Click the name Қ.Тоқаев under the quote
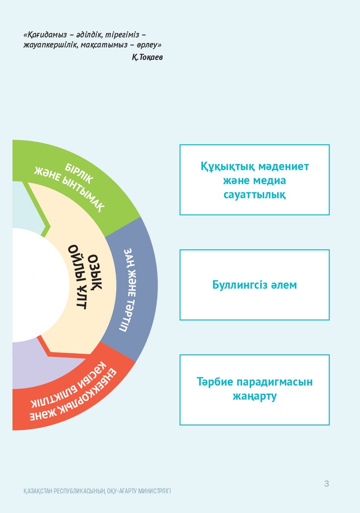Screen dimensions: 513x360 coord(147,58)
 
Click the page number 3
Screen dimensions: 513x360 coord(326,484)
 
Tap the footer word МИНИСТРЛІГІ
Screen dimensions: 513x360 coord(153,491)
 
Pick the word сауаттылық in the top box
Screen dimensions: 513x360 coord(255,194)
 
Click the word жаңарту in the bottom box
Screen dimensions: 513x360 coord(255,396)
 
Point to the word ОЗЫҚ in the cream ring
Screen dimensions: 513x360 coord(95,271)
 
